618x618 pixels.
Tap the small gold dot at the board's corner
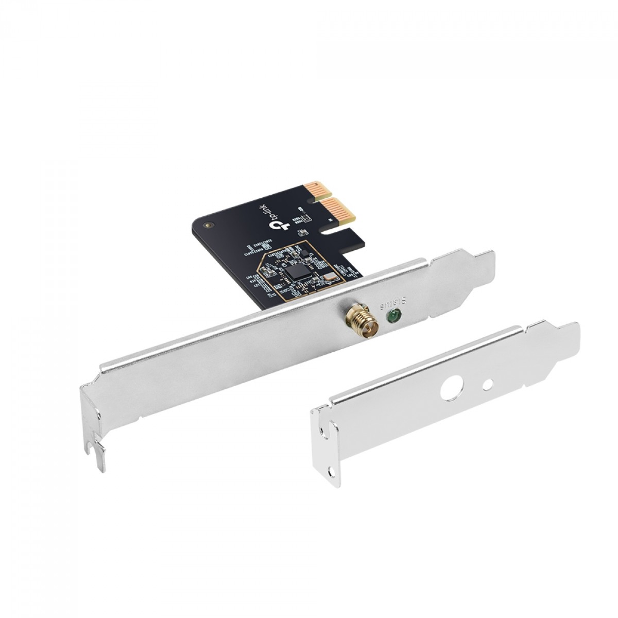click(208, 225)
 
